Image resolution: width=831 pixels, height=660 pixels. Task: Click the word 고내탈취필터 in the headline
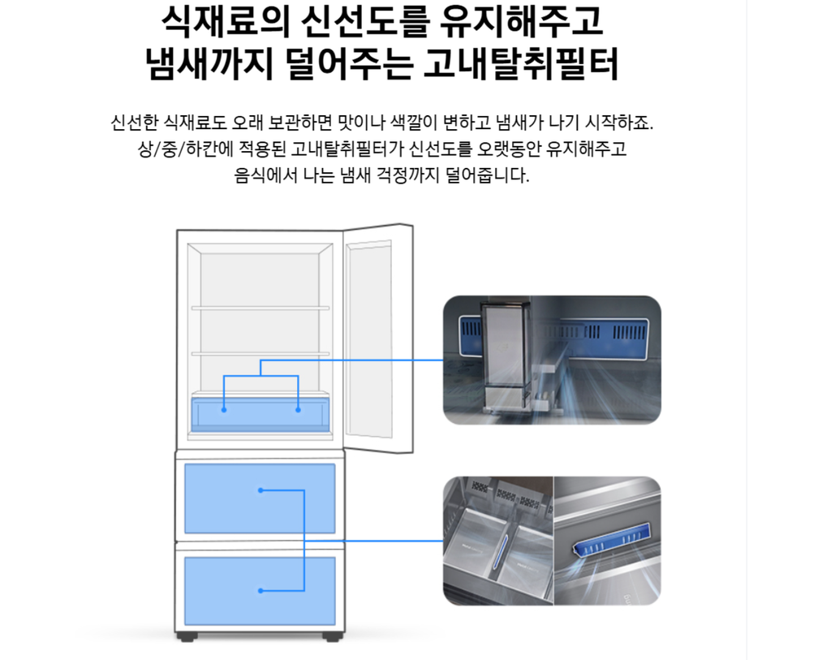pos(521,65)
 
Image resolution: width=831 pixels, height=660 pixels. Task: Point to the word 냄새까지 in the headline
pos(209,65)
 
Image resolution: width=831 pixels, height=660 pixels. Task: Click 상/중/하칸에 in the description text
pos(185,149)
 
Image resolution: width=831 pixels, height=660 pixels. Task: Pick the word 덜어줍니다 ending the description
pos(488,175)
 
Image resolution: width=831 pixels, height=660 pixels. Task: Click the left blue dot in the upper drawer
pos(224,410)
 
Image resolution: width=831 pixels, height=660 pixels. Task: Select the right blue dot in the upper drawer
pos(299,410)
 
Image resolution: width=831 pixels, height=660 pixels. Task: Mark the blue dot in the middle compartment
pos(260,490)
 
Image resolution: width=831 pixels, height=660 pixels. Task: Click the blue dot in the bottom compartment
pos(260,590)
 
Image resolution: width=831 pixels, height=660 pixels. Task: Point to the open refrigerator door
pos(378,339)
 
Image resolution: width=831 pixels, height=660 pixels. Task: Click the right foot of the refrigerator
pos(332,636)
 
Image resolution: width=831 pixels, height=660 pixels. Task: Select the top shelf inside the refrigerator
pos(260,308)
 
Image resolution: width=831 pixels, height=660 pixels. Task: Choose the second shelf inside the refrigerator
pos(260,354)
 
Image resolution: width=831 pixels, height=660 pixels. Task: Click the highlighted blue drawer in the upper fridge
pos(260,415)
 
